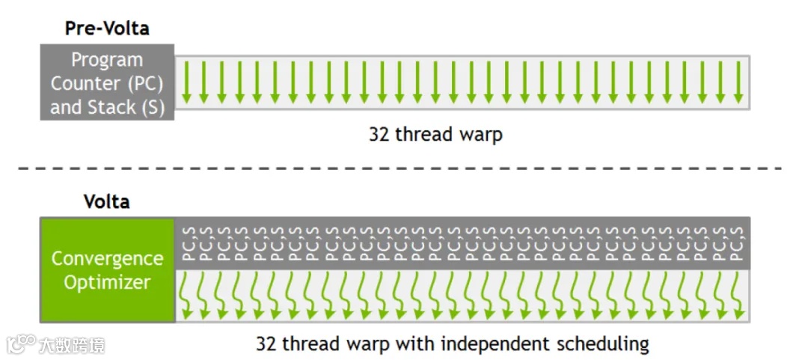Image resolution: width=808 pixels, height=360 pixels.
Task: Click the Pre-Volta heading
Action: tap(106, 28)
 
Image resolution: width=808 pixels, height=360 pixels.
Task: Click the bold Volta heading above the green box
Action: tap(106, 202)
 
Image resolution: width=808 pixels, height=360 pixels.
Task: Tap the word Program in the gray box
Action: tap(106, 60)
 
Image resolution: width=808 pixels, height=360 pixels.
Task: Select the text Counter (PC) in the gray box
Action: tap(106, 83)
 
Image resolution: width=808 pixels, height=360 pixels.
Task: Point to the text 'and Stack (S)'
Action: tap(107, 107)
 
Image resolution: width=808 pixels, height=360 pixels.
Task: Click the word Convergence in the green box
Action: tap(107, 259)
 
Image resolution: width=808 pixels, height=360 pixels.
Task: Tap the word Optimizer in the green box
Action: tap(107, 283)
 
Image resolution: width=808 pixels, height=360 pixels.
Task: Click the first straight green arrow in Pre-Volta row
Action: tap(187, 82)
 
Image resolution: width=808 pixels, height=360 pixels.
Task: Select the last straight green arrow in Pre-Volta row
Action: tap(738, 82)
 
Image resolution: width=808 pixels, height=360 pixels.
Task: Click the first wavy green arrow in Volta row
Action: tap(187, 293)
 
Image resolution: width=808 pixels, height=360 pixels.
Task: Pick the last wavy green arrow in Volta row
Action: tap(736, 293)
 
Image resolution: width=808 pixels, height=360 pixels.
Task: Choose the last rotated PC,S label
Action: tap(738, 242)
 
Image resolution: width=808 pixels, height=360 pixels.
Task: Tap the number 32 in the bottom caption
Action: tap(266, 344)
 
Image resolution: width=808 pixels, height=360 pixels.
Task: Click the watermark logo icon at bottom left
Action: tap(21, 344)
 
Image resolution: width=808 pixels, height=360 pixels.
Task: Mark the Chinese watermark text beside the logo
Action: tap(73, 345)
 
